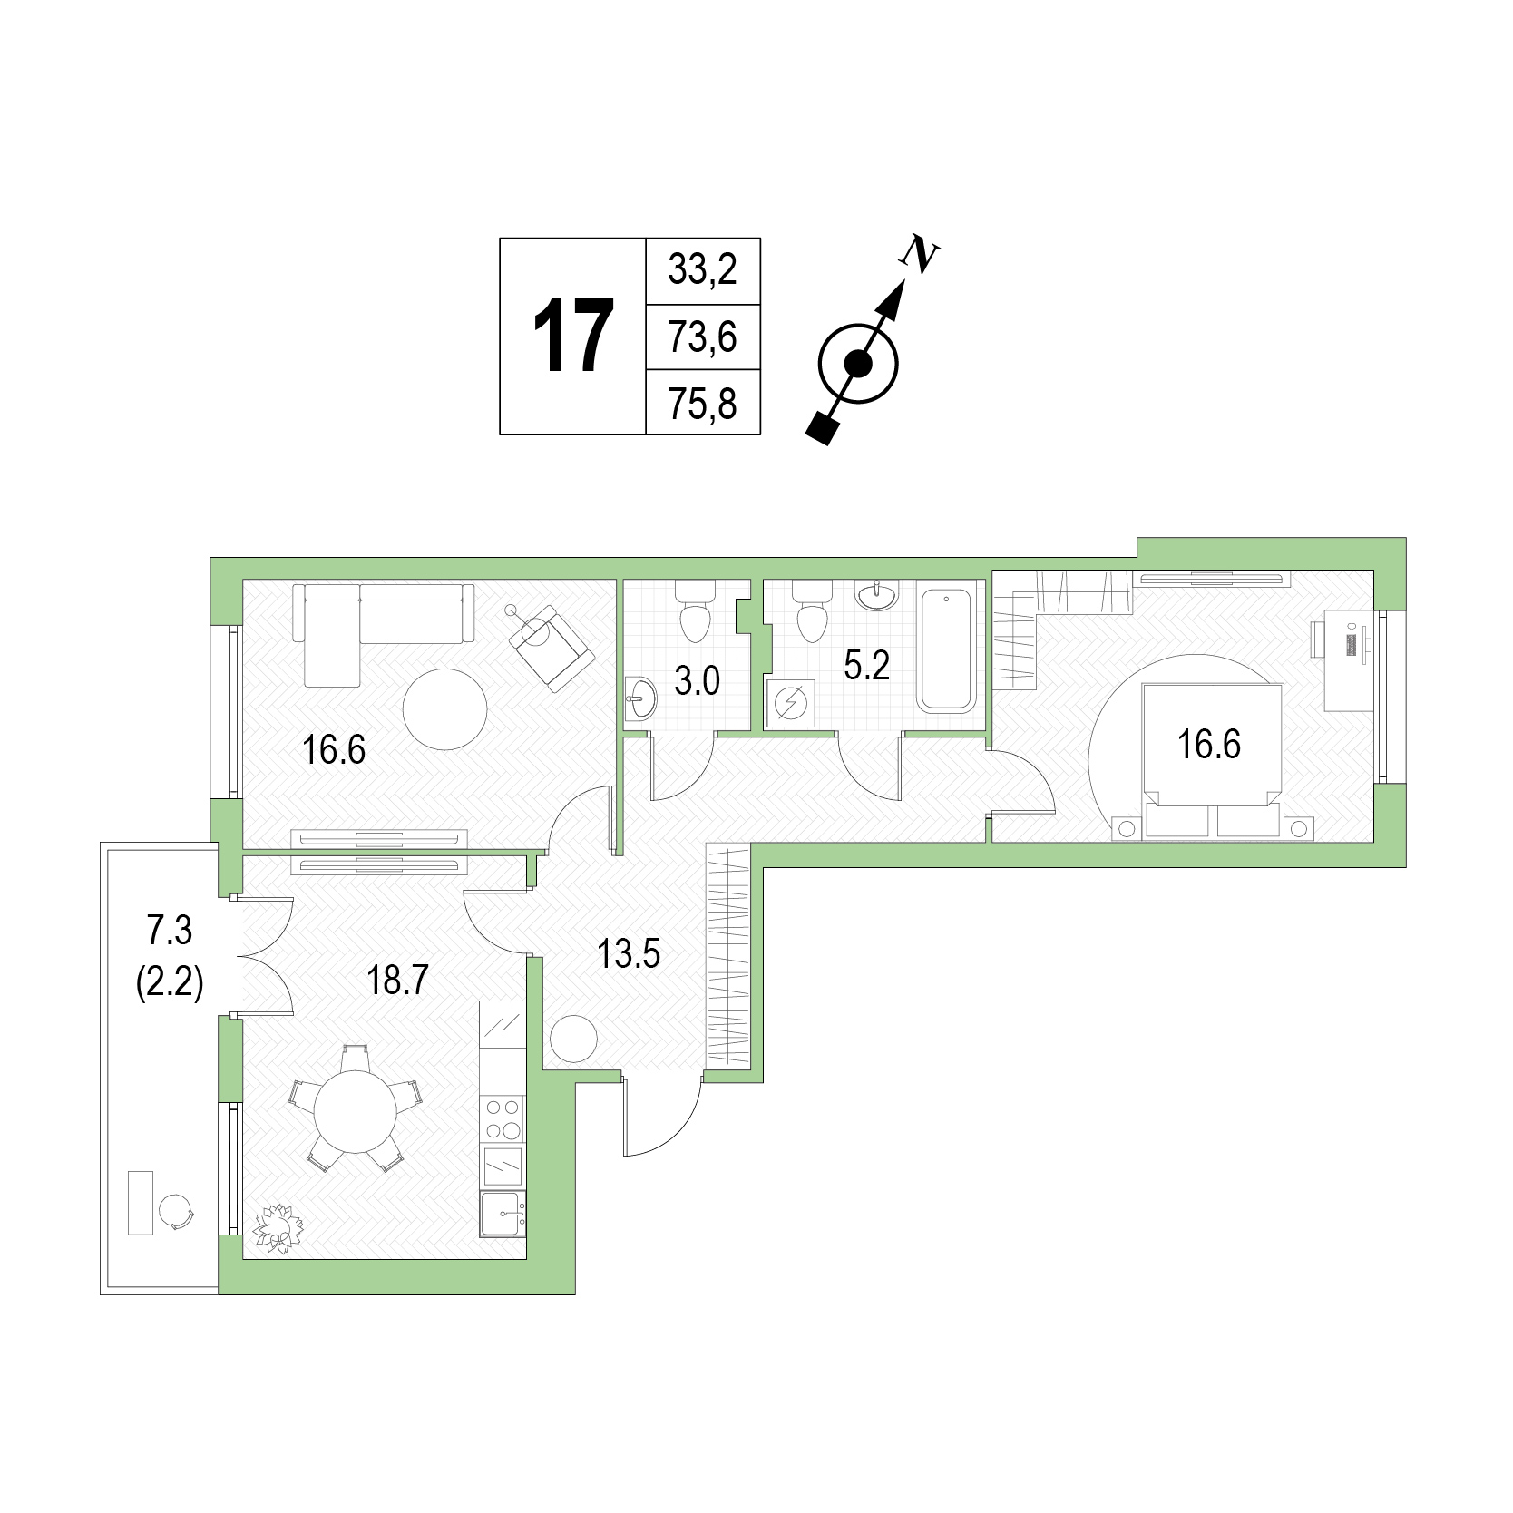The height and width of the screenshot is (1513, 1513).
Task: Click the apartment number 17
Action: pyautogui.click(x=572, y=337)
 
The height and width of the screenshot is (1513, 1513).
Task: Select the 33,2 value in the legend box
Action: pyautogui.click(x=702, y=270)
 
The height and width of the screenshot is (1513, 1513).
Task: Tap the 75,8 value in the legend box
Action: pyautogui.click(x=702, y=404)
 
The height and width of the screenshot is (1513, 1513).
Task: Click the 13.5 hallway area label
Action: pyautogui.click(x=629, y=954)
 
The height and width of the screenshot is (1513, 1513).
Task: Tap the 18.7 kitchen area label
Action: pyautogui.click(x=397, y=981)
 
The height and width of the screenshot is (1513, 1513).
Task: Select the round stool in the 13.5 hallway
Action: pyautogui.click(x=573, y=1039)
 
